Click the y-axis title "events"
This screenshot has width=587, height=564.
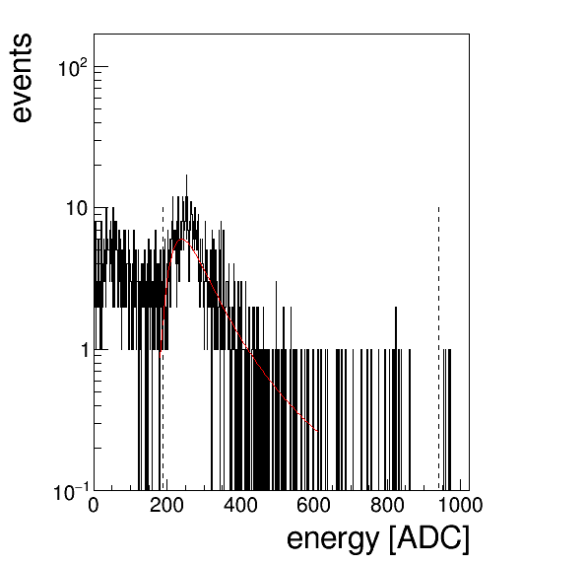click(22, 78)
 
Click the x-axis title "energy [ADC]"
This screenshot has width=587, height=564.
click(378, 539)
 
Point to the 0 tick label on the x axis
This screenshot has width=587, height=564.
click(94, 505)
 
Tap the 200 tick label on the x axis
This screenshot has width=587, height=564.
click(166, 505)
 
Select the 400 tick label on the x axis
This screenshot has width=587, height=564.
click(240, 505)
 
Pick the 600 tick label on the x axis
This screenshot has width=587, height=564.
click(314, 505)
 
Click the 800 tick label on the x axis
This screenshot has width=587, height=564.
click(387, 505)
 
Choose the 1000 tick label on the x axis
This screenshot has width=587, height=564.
click(460, 505)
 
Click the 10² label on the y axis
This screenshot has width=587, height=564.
click(73, 68)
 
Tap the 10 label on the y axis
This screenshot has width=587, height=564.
click(77, 208)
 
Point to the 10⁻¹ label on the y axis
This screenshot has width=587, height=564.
click(72, 492)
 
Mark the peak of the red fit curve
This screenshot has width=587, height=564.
click(182, 239)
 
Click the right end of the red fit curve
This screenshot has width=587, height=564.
click(317, 431)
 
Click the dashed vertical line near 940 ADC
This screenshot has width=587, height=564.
click(438, 348)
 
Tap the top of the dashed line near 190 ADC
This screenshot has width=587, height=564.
click(163, 207)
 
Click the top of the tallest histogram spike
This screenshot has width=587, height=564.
click(186, 175)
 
